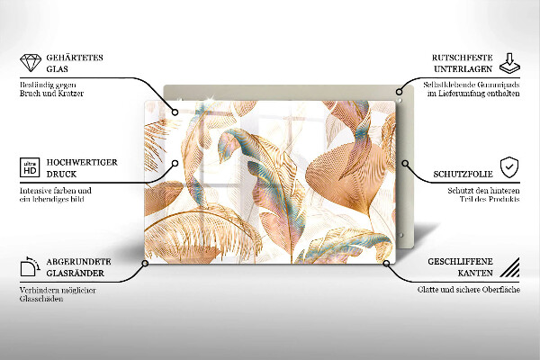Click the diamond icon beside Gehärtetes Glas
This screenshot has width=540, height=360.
pos(28,62)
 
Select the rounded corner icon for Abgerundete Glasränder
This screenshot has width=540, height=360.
pos(28,267)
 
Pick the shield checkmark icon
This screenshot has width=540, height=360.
pos(509,166)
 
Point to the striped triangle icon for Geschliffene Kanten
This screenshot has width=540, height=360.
pos(509,267)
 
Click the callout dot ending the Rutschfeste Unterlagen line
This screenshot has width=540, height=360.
pos(397,89)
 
